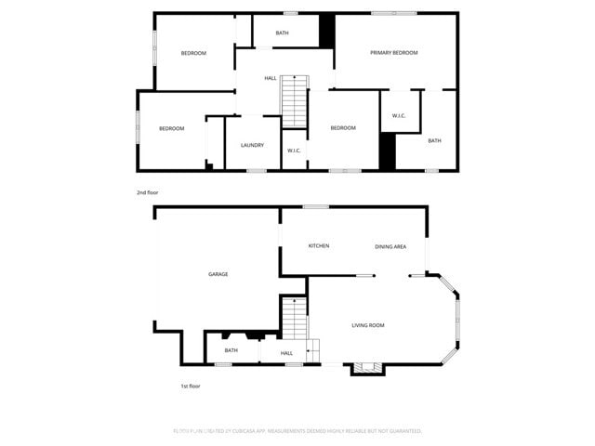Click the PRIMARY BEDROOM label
(x=393, y=53)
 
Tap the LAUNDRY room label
(x=252, y=145)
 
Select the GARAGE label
(x=218, y=274)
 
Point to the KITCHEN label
(x=319, y=245)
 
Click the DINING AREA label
(x=390, y=246)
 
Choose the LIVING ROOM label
(x=368, y=325)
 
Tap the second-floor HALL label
(x=270, y=78)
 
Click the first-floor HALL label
(x=286, y=353)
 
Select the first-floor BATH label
(x=231, y=350)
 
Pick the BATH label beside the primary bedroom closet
(x=434, y=140)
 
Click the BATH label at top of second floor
(x=282, y=34)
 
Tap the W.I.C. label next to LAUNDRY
(x=293, y=151)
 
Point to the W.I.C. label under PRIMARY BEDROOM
(x=399, y=116)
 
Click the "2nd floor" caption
(x=148, y=192)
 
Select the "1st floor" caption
(x=190, y=386)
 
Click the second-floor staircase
(x=295, y=100)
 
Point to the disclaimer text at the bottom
(x=297, y=431)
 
